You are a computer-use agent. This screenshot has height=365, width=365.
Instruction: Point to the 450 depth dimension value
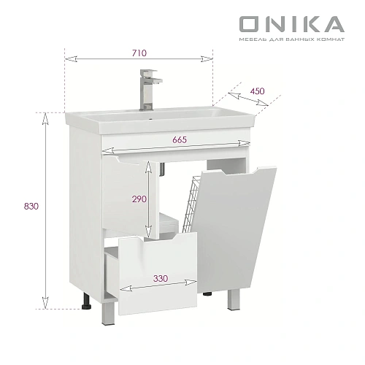coord(256,91)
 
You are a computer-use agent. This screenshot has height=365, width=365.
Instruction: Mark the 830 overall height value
coord(30,206)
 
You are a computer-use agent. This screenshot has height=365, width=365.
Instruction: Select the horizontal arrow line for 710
coord(139,60)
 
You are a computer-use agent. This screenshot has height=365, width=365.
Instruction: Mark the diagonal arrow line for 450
coord(245,101)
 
